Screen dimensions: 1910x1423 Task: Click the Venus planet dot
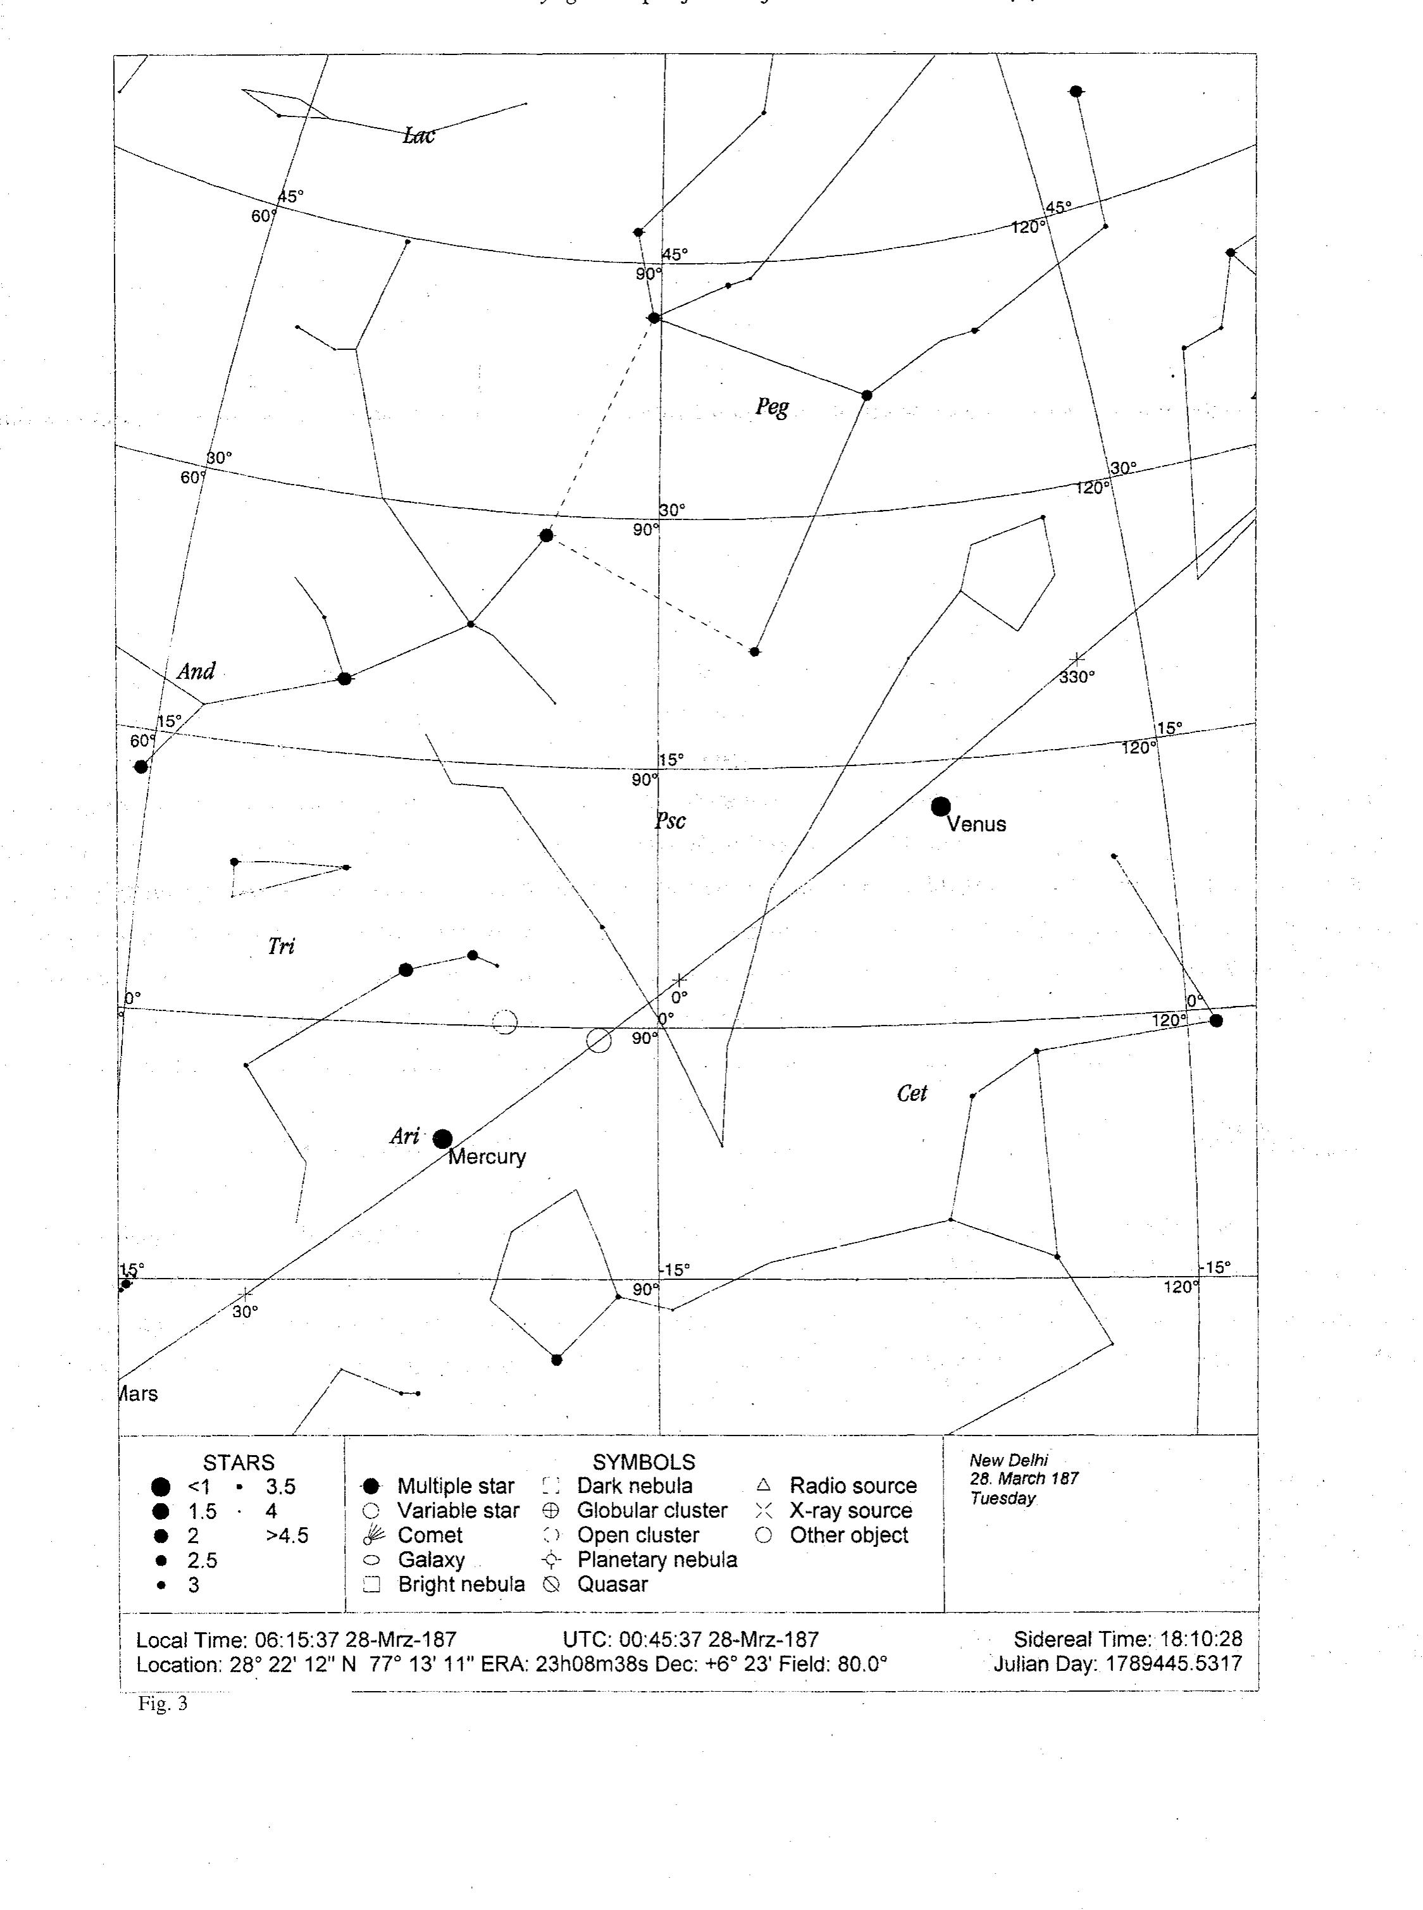(941, 806)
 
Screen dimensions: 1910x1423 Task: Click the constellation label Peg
(772, 406)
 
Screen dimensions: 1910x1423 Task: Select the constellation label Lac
(419, 135)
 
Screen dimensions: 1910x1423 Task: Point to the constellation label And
(196, 671)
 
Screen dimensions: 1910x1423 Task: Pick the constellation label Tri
(281, 946)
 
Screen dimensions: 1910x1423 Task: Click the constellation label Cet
(911, 1093)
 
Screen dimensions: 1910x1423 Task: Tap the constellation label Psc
(670, 820)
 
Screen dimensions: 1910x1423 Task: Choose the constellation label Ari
(404, 1136)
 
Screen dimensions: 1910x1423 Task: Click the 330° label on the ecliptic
(1077, 677)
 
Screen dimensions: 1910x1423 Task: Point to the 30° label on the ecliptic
(245, 1312)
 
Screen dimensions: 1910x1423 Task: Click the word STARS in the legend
(239, 1462)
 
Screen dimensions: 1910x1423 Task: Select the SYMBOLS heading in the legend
(643, 1461)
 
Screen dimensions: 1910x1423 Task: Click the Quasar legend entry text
(612, 1584)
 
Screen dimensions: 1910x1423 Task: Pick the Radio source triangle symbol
(763, 1485)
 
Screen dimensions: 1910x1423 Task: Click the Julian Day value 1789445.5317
(1173, 1663)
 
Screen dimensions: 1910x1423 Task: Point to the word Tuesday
(1003, 1498)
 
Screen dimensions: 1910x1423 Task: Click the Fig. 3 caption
(162, 1702)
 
